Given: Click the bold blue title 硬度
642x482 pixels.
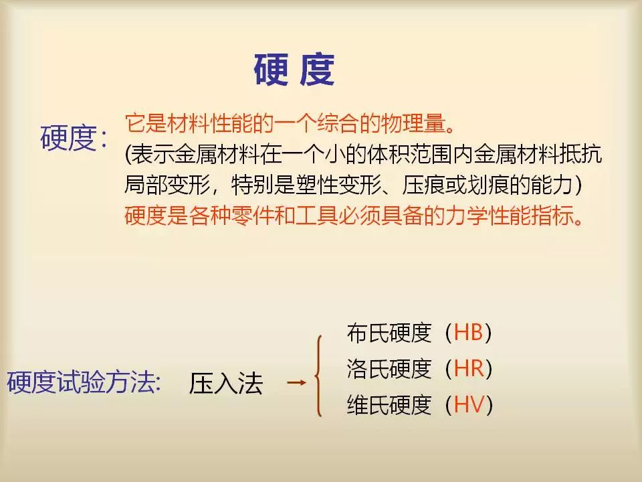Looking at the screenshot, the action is (x=294, y=69).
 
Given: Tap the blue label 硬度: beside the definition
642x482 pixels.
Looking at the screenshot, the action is (x=74, y=138).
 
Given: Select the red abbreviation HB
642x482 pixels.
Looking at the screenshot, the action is (x=468, y=333).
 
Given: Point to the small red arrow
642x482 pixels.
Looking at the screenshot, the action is (x=297, y=383).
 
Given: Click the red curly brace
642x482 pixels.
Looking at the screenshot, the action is (x=318, y=376).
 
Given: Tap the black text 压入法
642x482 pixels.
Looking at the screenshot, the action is (x=225, y=383).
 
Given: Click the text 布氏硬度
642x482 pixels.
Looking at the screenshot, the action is (x=389, y=333).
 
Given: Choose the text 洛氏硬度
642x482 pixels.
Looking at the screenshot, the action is (x=389, y=368).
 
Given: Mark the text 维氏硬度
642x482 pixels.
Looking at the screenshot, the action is (x=389, y=404).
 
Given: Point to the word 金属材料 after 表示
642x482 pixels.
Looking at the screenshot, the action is (x=217, y=154).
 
